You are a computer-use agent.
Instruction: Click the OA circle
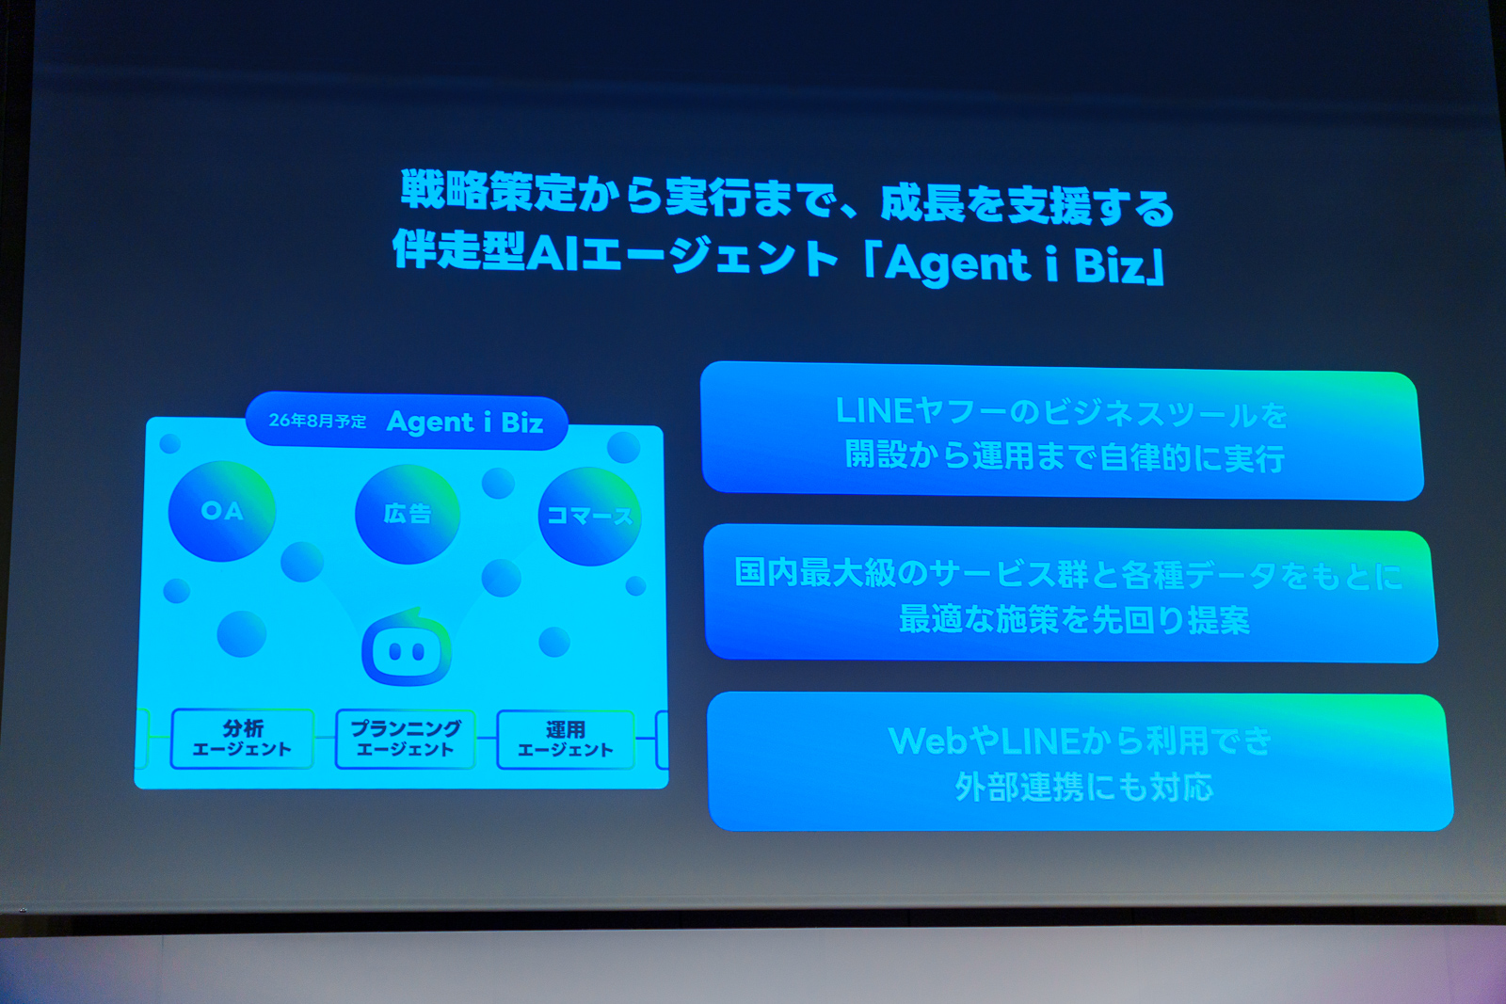click(x=222, y=511)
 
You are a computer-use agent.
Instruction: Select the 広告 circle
click(x=408, y=514)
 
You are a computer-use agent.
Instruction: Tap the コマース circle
click(x=589, y=516)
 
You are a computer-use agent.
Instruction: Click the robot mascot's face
click(x=406, y=647)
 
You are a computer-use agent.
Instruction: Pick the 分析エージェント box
click(x=242, y=739)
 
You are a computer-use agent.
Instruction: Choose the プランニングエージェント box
click(x=406, y=739)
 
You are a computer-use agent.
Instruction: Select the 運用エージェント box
click(x=566, y=740)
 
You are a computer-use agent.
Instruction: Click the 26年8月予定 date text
click(x=317, y=421)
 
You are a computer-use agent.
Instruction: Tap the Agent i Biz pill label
click(x=407, y=422)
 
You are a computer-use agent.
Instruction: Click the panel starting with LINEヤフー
click(x=1062, y=432)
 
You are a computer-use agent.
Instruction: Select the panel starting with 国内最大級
click(x=1070, y=595)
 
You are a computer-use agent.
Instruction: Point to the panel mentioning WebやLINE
click(x=1080, y=762)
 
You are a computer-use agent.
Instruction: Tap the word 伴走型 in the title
click(x=458, y=250)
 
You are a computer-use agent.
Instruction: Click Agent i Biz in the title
click(x=1015, y=263)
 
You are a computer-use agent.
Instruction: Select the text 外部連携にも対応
click(x=1084, y=787)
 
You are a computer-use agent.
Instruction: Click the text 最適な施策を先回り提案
click(x=1074, y=619)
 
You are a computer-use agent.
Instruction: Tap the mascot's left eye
click(x=395, y=651)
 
